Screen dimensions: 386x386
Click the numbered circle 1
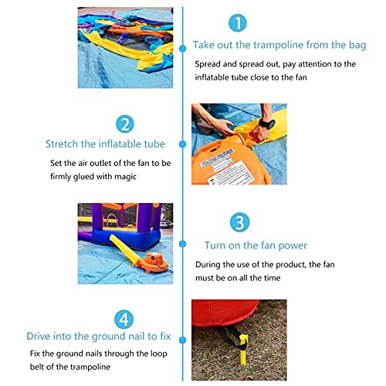click(238, 23)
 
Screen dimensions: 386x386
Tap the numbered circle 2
click(125, 124)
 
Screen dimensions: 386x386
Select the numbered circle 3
click(239, 222)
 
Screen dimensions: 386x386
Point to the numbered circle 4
click(124, 320)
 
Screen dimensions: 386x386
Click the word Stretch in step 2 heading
click(62, 144)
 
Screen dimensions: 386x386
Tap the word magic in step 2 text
click(125, 177)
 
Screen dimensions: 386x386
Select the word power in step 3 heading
click(293, 245)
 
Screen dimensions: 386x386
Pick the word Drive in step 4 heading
click(39, 336)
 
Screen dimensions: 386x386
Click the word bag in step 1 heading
click(357, 46)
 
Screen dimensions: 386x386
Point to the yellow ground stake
click(243, 349)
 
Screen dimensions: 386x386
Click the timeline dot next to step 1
click(183, 49)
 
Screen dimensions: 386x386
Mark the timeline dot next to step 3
click(183, 244)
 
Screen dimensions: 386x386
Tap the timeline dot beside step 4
click(183, 340)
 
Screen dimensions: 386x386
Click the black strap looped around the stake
click(230, 337)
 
